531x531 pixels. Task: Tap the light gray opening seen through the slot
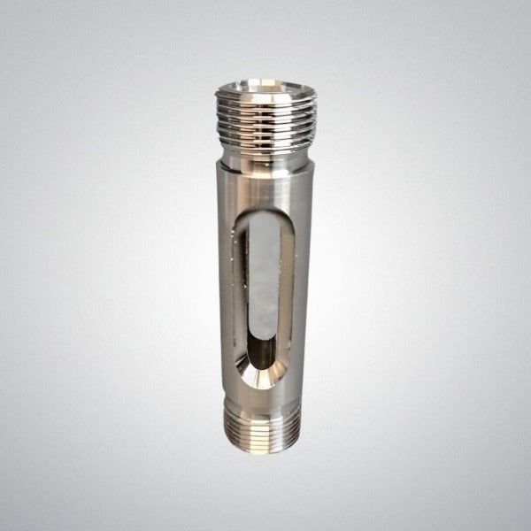click(265, 283)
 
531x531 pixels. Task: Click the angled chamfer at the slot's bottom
click(265, 379)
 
